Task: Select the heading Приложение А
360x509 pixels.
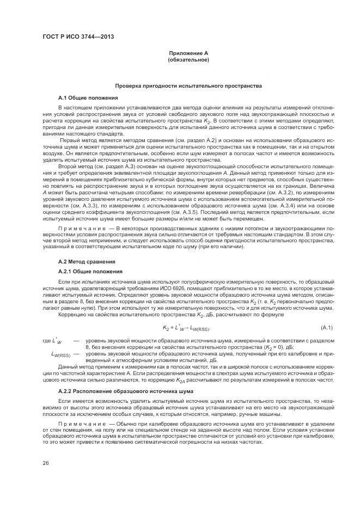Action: point(188,53)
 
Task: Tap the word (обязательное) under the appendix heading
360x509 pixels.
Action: point(188,59)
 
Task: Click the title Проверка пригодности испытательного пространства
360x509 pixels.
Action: point(188,86)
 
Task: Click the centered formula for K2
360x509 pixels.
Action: point(186,328)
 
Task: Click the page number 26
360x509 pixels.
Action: point(46,463)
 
